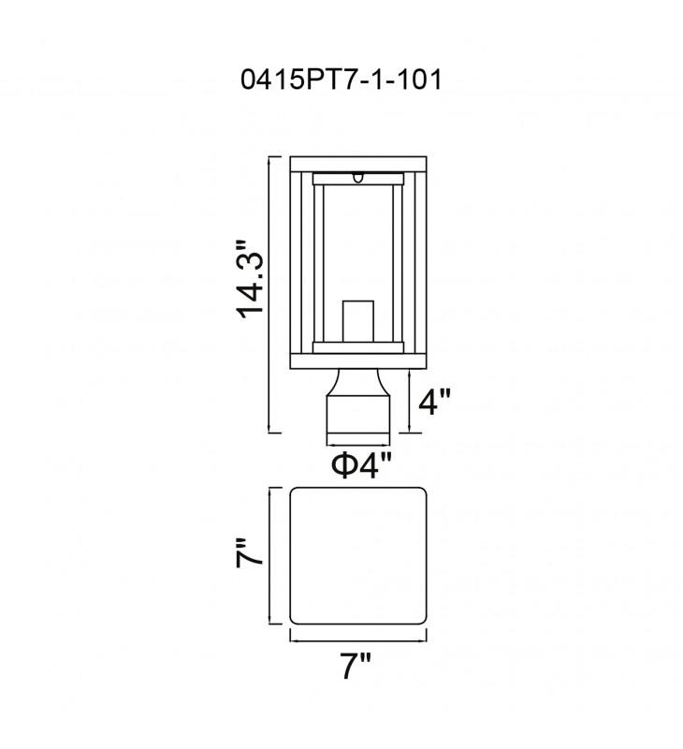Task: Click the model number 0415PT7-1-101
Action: point(341,80)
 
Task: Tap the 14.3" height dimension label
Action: point(250,279)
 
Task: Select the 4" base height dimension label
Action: point(434,402)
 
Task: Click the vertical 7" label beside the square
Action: point(249,552)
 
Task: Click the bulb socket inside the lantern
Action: point(358,321)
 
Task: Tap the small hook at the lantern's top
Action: point(358,177)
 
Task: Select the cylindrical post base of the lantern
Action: point(358,414)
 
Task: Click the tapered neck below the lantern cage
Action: point(358,382)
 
